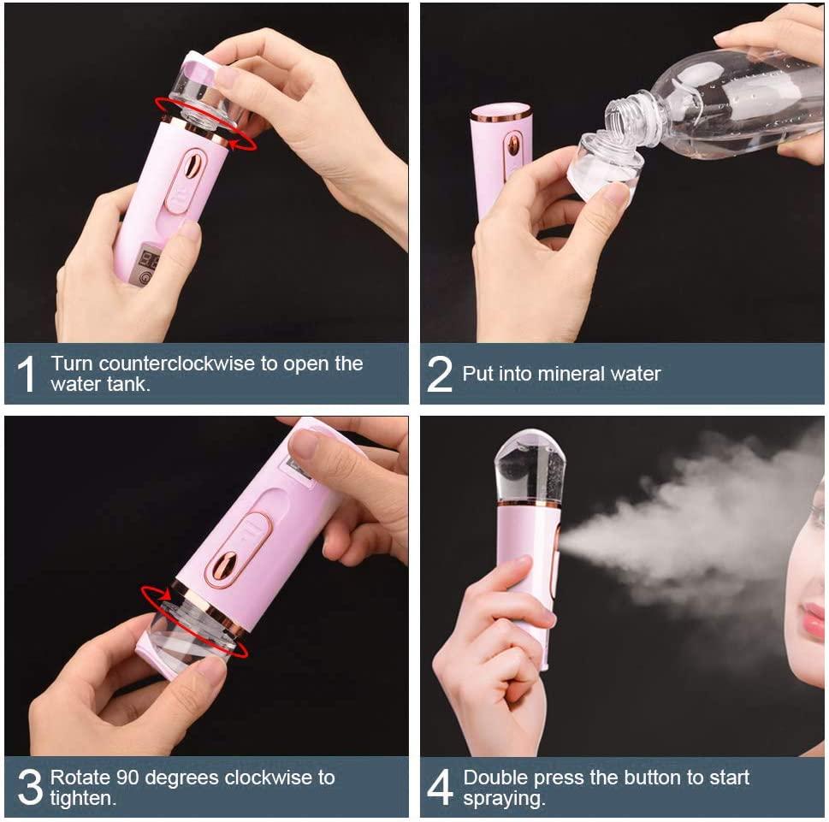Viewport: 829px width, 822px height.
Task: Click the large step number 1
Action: (x=27, y=375)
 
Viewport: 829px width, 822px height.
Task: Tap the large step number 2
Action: (x=439, y=375)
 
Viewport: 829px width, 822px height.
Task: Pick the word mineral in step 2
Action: (x=569, y=374)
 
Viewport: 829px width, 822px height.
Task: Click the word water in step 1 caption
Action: (x=74, y=384)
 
